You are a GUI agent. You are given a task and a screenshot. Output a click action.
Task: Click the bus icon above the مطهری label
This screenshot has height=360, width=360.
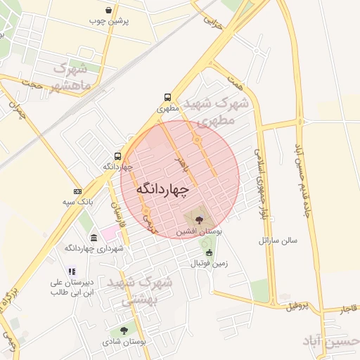(167, 98)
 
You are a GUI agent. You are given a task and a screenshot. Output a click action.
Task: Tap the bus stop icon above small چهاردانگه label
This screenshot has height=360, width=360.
(117, 156)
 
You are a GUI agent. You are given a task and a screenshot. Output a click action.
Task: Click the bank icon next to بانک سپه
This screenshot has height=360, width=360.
(77, 191)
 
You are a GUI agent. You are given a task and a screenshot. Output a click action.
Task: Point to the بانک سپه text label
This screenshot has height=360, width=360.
(78, 202)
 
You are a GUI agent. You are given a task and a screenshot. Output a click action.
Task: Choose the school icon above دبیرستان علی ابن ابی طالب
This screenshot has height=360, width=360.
(71, 271)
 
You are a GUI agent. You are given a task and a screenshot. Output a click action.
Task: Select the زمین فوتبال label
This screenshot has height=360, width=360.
(209, 263)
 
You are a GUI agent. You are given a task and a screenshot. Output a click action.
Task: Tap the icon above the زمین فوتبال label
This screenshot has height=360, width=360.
(208, 252)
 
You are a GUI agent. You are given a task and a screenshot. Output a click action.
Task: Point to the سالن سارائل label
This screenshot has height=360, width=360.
(278, 240)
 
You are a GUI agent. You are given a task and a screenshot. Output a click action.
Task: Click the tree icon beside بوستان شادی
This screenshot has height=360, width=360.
(124, 330)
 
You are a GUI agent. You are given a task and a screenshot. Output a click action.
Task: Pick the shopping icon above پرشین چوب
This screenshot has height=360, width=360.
(108, 10)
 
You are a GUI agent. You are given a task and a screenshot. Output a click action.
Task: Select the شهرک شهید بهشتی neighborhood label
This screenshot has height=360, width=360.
(146, 290)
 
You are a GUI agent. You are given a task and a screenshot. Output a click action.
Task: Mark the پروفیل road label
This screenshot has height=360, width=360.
(297, 306)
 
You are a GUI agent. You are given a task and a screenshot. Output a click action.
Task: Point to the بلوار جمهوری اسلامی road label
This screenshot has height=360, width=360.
(262, 183)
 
